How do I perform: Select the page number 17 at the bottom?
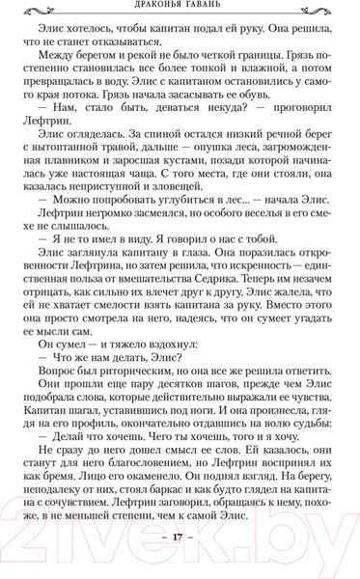180,563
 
